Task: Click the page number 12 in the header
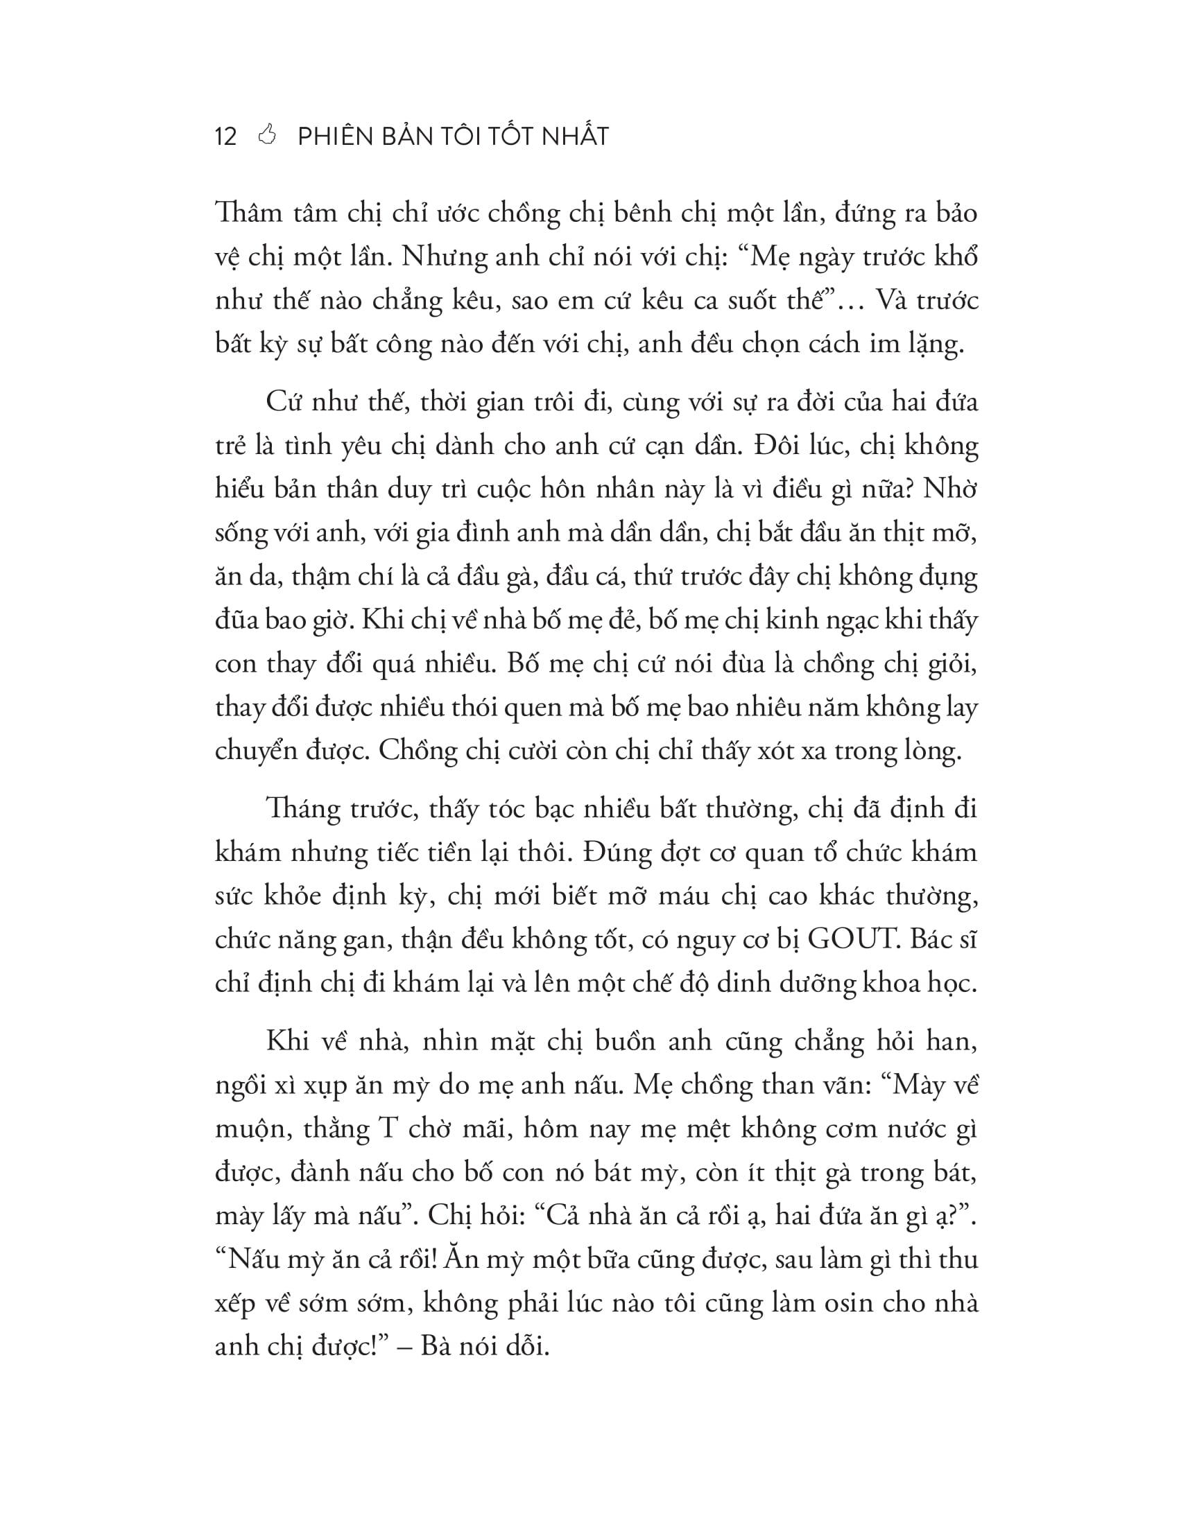tap(226, 136)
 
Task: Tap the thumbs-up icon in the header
tap(268, 134)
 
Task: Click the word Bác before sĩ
tap(932, 940)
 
